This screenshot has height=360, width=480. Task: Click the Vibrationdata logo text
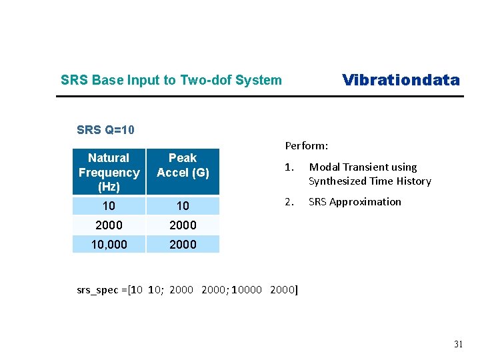coord(401,80)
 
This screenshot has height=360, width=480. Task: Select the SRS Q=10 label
coord(106,129)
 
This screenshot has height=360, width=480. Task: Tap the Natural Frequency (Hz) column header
coord(109,172)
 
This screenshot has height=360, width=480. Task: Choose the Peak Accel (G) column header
coord(183,165)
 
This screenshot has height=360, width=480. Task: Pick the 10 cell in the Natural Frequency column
coord(109,205)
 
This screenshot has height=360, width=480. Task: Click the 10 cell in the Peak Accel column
coord(183,205)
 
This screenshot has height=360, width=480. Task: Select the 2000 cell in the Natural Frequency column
coord(109,225)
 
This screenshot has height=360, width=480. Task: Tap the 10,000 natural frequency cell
coord(109,244)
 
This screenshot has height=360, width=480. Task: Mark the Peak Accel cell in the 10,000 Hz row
coord(183,244)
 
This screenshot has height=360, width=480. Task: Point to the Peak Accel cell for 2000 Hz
coord(183,225)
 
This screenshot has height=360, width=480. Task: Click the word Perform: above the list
coord(307,145)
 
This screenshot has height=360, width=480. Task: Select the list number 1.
coord(289,167)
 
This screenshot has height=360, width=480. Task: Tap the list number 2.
coord(289,201)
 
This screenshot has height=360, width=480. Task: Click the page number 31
coord(458,344)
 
